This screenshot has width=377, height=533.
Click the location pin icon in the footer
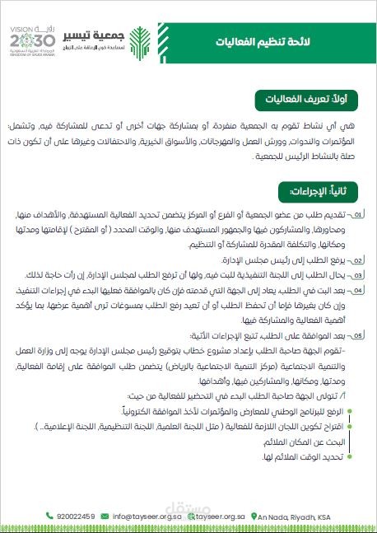tap(252, 517)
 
